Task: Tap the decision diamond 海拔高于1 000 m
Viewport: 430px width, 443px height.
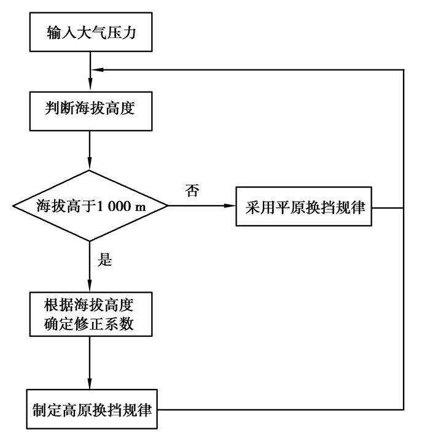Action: click(90, 207)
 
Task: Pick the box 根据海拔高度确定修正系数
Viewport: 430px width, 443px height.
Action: click(90, 313)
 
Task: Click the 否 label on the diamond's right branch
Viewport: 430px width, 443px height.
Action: click(191, 190)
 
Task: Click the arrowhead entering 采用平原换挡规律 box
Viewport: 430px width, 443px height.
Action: click(231, 207)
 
